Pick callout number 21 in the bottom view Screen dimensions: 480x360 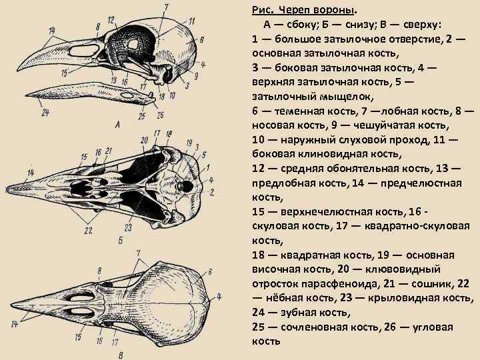coord(107,151)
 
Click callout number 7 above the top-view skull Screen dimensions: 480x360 coord(138,253)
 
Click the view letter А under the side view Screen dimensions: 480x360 coord(117,123)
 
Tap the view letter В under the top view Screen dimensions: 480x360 coord(119,353)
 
